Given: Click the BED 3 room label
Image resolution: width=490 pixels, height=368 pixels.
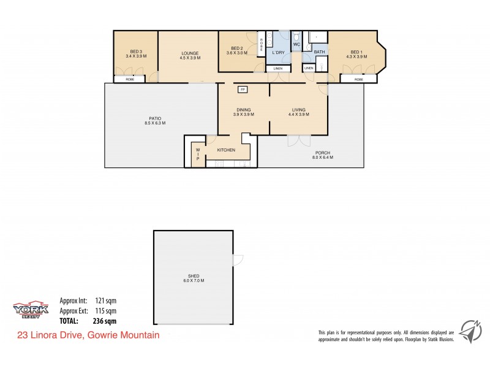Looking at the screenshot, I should pyautogui.click(x=136, y=52).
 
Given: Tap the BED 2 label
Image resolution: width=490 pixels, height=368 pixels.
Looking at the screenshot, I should pyautogui.click(x=238, y=48).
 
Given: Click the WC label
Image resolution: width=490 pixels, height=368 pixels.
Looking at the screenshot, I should pyautogui.click(x=296, y=45).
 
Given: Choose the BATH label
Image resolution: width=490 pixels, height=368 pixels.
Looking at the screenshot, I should pyautogui.click(x=319, y=52).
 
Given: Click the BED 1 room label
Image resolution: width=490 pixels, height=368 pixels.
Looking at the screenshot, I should pyautogui.click(x=357, y=52).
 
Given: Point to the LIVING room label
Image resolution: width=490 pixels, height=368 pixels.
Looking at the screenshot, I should pyautogui.click(x=298, y=110).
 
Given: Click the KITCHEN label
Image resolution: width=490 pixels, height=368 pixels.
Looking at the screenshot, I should pyautogui.click(x=226, y=150).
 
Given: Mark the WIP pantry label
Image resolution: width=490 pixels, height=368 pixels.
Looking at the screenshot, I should pyautogui.click(x=198, y=154).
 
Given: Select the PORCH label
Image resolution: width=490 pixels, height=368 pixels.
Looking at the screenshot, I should pyautogui.click(x=323, y=153).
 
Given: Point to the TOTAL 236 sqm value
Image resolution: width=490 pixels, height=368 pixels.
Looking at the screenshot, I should pyautogui.click(x=105, y=320).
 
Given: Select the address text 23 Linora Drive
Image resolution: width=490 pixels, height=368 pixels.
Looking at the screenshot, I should pyautogui.click(x=52, y=335).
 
